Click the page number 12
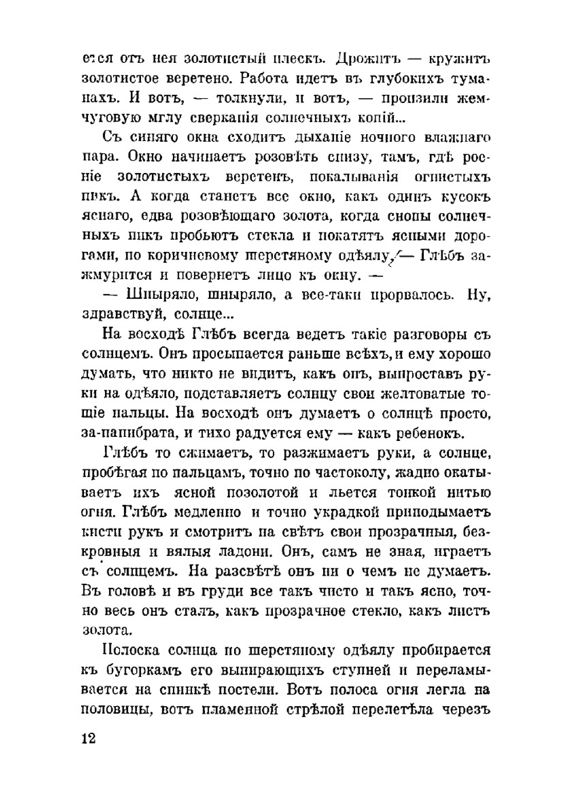click(x=88, y=738)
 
